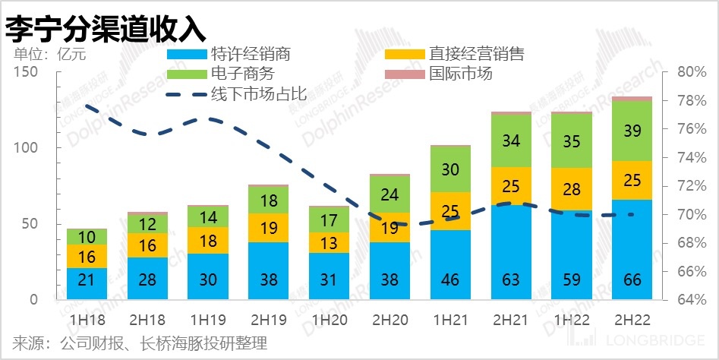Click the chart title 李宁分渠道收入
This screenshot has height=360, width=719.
pyautogui.click(x=106, y=28)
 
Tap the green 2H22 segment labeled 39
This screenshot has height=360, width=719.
pyautogui.click(x=632, y=131)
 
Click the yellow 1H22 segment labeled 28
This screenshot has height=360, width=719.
pyautogui.click(x=572, y=189)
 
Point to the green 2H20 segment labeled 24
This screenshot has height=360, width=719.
pyautogui.click(x=389, y=194)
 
